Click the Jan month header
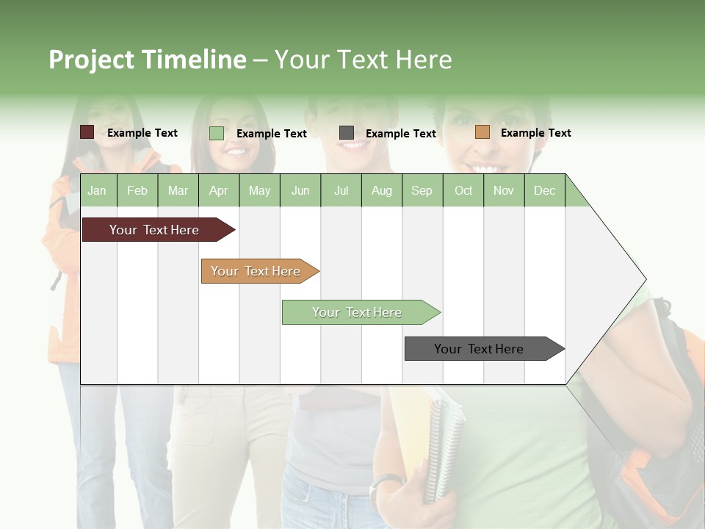pos(98,190)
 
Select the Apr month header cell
pos(218,190)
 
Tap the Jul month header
pos(341,190)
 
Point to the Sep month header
pos(422,190)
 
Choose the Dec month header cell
pos(544,190)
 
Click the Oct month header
pos(463,190)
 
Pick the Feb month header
pos(137,190)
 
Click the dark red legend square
pos(87,132)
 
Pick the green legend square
pos(217,133)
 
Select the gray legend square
pos(347,132)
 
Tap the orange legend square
pos(482,132)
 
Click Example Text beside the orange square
pos(535,133)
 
